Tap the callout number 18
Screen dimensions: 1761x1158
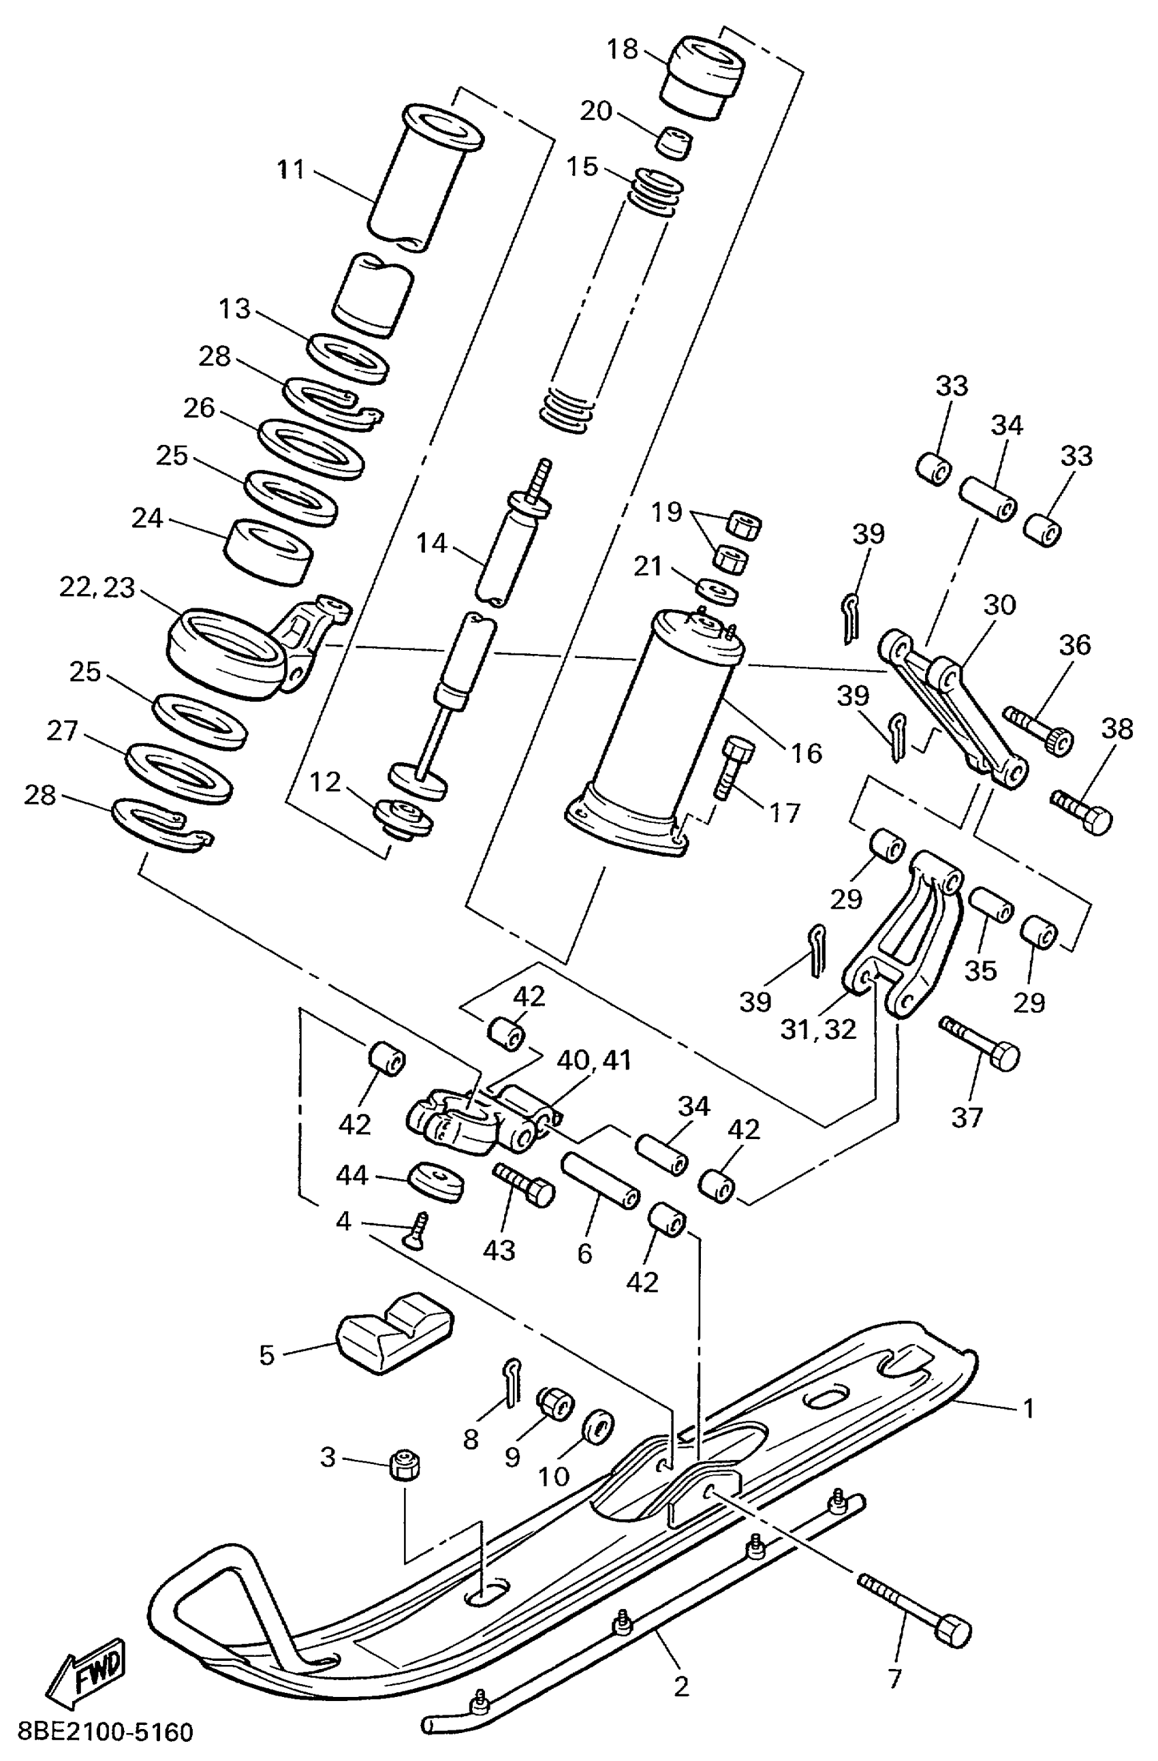(621, 49)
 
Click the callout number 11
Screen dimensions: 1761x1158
(291, 170)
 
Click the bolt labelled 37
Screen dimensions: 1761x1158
(981, 1043)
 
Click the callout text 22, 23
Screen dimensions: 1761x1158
(97, 588)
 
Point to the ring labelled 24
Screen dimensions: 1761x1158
(268, 551)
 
